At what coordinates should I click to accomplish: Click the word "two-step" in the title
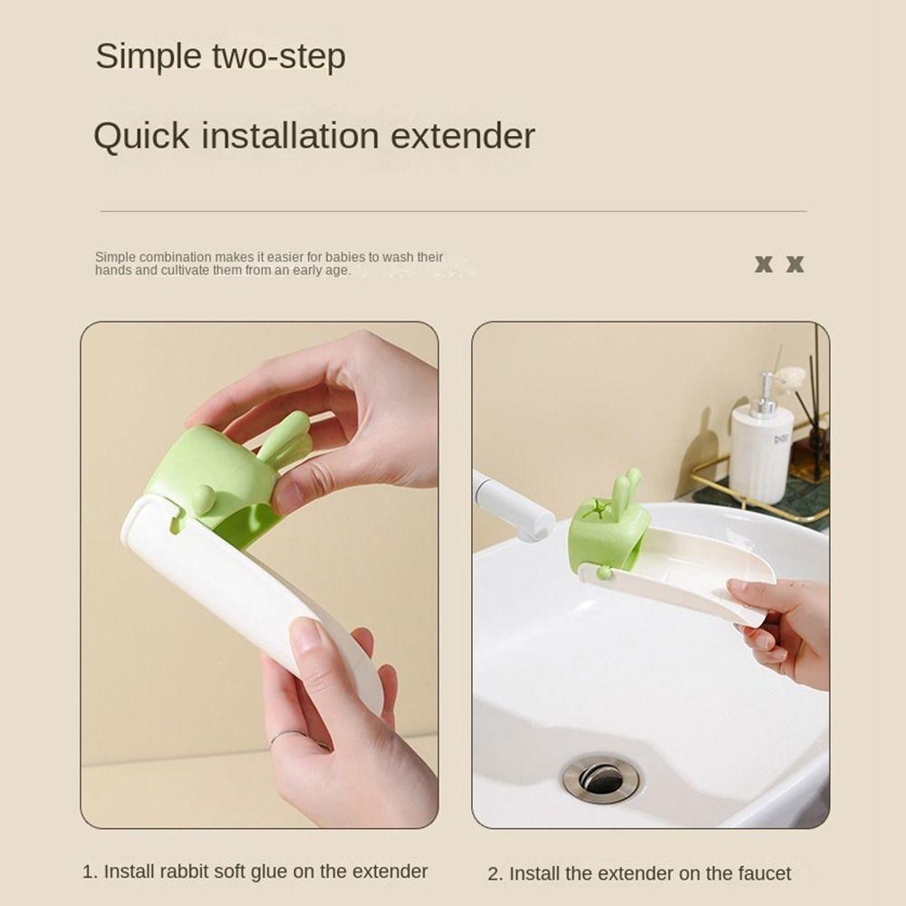[x=279, y=56]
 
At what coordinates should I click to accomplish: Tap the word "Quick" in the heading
[x=141, y=137]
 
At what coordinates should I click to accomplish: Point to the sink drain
[x=600, y=778]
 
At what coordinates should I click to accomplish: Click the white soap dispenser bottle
[x=761, y=451]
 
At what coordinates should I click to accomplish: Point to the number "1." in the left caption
[x=90, y=872]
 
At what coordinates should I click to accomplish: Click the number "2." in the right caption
[x=495, y=874]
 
